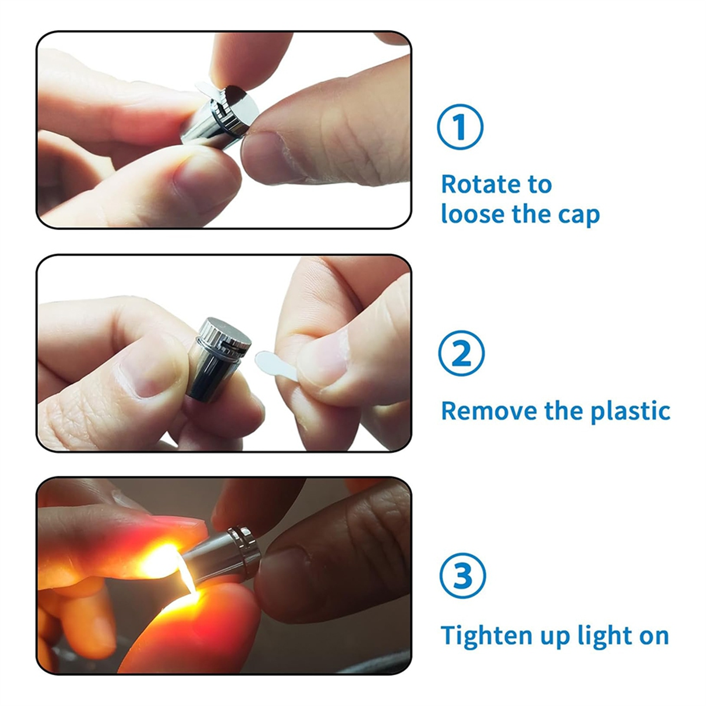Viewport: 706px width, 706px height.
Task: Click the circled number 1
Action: click(460, 126)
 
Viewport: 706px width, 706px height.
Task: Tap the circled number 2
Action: click(461, 353)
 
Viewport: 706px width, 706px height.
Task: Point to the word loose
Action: click(473, 214)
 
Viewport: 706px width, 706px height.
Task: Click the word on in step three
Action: click(654, 637)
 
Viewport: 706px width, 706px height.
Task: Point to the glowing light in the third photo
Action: click(165, 564)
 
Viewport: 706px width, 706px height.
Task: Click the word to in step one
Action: click(540, 185)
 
